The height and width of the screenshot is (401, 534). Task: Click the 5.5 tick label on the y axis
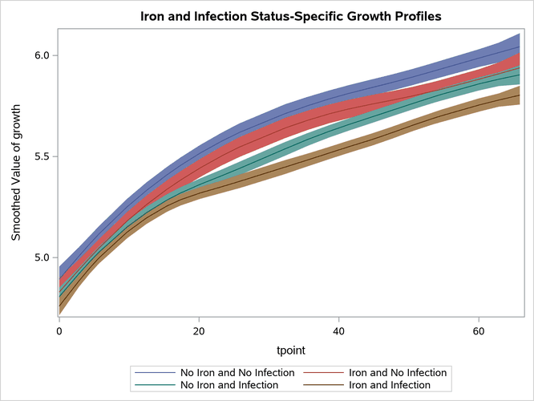(39, 156)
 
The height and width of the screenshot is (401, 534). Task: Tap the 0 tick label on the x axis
(59, 330)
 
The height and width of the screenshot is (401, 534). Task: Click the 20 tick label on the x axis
(199, 330)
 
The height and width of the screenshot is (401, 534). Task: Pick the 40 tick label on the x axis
(339, 330)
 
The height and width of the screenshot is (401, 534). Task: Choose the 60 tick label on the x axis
(479, 330)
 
